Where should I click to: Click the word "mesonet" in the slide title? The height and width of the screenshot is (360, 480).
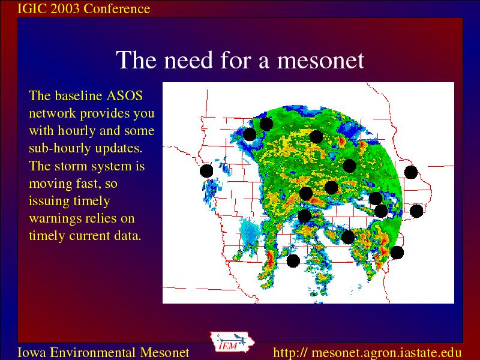[320, 59]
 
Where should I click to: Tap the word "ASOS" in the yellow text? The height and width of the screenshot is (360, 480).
[124, 96]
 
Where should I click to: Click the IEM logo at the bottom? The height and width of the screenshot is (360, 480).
[232, 342]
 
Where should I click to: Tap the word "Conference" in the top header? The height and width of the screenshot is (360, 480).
[116, 8]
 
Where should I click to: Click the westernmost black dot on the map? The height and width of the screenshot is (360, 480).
[206, 171]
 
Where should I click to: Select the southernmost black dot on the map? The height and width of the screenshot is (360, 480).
[293, 261]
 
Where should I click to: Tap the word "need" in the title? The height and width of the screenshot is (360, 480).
[188, 59]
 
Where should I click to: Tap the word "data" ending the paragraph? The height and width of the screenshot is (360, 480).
[127, 236]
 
